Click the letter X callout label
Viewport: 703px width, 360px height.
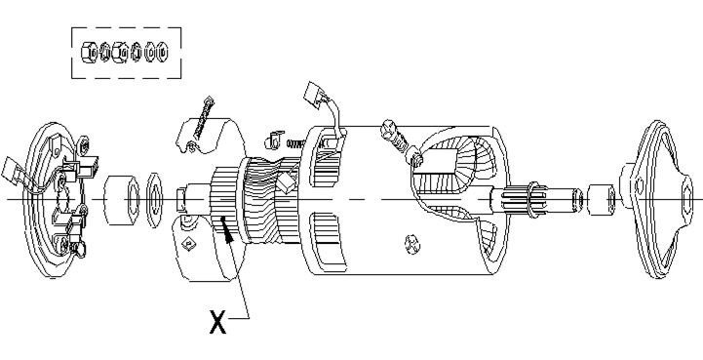(217, 322)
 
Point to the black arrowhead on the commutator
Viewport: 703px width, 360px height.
(228, 232)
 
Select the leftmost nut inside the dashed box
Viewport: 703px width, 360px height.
(89, 53)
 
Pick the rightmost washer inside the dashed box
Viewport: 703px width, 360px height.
(162, 52)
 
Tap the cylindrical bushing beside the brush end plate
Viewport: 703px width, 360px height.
(121, 200)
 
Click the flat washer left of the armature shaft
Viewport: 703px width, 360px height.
(154, 200)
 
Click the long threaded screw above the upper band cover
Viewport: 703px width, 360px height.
(203, 117)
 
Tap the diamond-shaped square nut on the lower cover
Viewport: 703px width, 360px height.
(188, 244)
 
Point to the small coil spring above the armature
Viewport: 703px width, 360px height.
(295, 143)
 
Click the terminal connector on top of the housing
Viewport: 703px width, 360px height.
(315, 95)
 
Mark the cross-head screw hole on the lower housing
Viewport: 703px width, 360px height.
(412, 245)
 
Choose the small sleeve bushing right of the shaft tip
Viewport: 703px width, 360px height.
(602, 199)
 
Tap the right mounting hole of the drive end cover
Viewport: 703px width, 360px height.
(686, 197)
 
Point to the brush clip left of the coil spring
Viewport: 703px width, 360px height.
(274, 140)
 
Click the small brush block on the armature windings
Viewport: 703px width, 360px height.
(285, 182)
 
